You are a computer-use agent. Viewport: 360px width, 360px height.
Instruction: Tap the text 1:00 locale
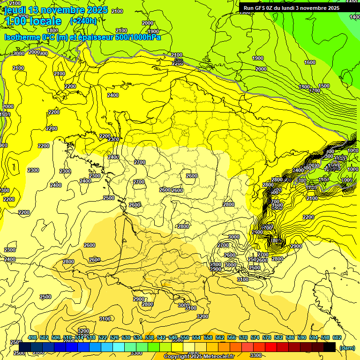[33, 21]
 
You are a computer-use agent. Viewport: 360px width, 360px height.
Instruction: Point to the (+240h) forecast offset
[83, 21]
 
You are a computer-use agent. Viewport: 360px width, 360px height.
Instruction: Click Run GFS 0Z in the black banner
[259, 8]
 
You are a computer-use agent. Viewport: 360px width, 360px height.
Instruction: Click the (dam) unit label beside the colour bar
[346, 347]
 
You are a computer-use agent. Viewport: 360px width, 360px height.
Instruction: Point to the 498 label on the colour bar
[32, 338]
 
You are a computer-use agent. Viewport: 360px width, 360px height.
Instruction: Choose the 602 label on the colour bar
[337, 338]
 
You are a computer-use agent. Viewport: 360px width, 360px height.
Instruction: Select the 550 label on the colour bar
[184, 338]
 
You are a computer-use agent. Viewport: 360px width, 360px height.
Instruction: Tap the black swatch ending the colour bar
[330, 347]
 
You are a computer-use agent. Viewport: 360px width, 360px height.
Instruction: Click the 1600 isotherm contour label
[310, 62]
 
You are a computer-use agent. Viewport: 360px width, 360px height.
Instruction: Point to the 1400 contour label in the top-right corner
[355, 17]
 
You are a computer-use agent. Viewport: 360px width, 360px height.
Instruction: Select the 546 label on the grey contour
[178, 61]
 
